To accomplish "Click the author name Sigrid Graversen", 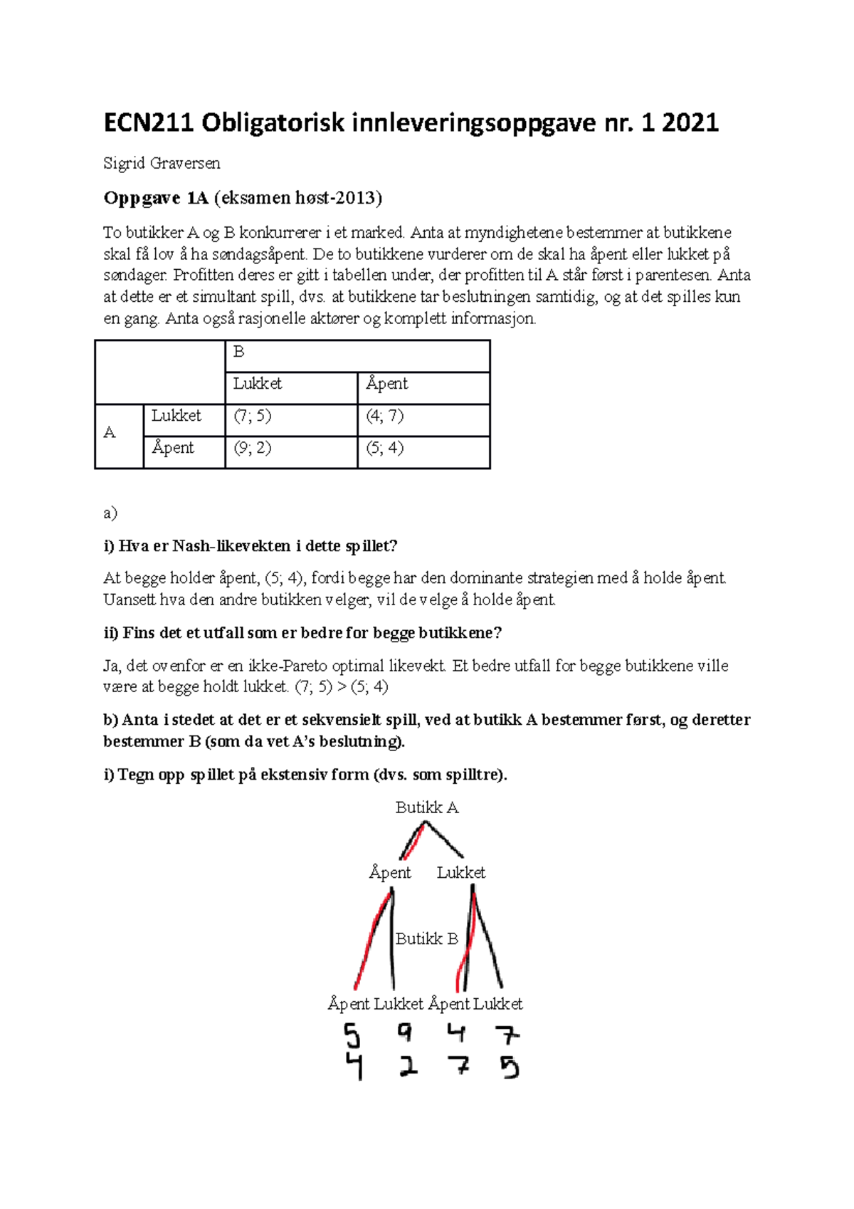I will [162, 164].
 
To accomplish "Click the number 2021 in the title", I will [690, 123].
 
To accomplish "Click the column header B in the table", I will [239, 352].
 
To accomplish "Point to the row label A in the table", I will [110, 433].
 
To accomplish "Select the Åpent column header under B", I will [386, 384].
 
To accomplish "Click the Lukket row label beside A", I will [176, 416].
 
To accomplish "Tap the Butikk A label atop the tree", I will [427, 808].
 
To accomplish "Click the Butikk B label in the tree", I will [426, 939].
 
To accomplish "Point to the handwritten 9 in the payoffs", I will [405, 1032].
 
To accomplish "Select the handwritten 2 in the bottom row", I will [408, 1066].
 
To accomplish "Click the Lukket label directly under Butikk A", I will [461, 873].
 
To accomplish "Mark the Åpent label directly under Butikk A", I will [390, 873].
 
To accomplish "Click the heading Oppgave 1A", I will [155, 198].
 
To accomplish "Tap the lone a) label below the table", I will [110, 513].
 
